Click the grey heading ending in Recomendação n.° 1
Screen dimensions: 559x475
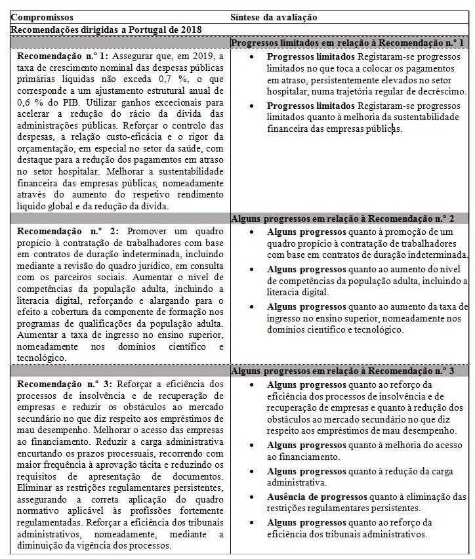348,43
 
